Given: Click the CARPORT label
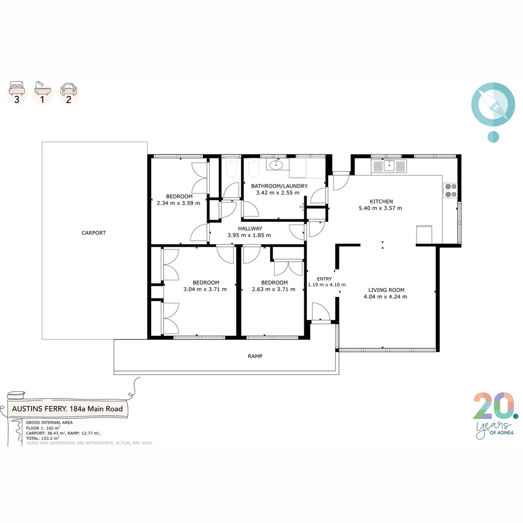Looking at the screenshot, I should click(x=93, y=233).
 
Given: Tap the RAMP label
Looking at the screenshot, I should click(x=255, y=356).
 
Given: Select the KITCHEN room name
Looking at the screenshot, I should click(x=381, y=201).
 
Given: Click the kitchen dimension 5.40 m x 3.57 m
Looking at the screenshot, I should click(x=381, y=208).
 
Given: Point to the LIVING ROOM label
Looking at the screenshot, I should click(x=386, y=290).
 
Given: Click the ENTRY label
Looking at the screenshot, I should click(x=324, y=279).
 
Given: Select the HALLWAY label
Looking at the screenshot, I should click(x=250, y=229).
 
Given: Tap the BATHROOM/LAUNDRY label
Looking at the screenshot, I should click(x=278, y=186).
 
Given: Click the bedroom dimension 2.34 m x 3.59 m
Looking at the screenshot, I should click(x=178, y=203).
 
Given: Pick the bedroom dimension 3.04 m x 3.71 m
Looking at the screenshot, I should click(x=205, y=290).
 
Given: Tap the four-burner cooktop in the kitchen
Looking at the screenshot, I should click(x=450, y=190).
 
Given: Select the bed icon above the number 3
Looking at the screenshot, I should click(x=17, y=89).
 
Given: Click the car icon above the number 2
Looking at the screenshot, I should click(x=68, y=89).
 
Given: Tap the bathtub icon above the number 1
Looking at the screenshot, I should click(x=43, y=89).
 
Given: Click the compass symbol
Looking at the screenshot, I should click(x=492, y=105).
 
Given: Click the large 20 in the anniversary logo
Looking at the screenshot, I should click(x=493, y=406).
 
